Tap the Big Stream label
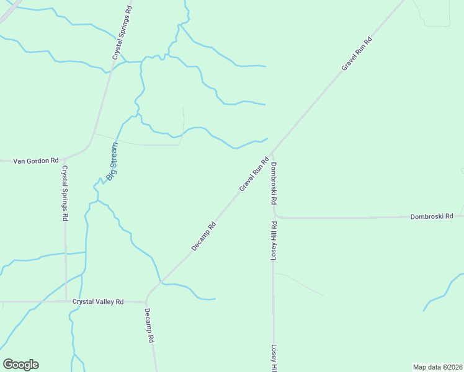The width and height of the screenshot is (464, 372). coord(112,161)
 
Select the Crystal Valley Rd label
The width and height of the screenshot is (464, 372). coord(98,301)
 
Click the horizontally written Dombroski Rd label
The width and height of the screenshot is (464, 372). coord(432,216)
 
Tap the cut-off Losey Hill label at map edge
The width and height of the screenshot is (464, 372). coord(272,358)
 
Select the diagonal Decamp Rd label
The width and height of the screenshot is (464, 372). coord(203,236)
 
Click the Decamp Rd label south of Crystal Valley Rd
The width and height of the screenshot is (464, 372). coord(149,326)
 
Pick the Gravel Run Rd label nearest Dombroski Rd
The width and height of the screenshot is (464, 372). coord(254,174)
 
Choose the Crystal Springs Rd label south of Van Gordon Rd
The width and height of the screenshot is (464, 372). coord(64,193)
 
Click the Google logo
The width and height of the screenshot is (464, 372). coord(20,365)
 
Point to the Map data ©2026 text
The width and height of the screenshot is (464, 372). coord(437,366)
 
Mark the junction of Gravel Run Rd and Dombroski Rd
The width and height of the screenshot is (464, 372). coord(272,152)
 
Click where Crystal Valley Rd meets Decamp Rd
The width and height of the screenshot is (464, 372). coord(146,301)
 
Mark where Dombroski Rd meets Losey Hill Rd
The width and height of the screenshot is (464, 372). coord(274,217)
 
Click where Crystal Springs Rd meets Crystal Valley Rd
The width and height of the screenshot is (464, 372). coord(66,301)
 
